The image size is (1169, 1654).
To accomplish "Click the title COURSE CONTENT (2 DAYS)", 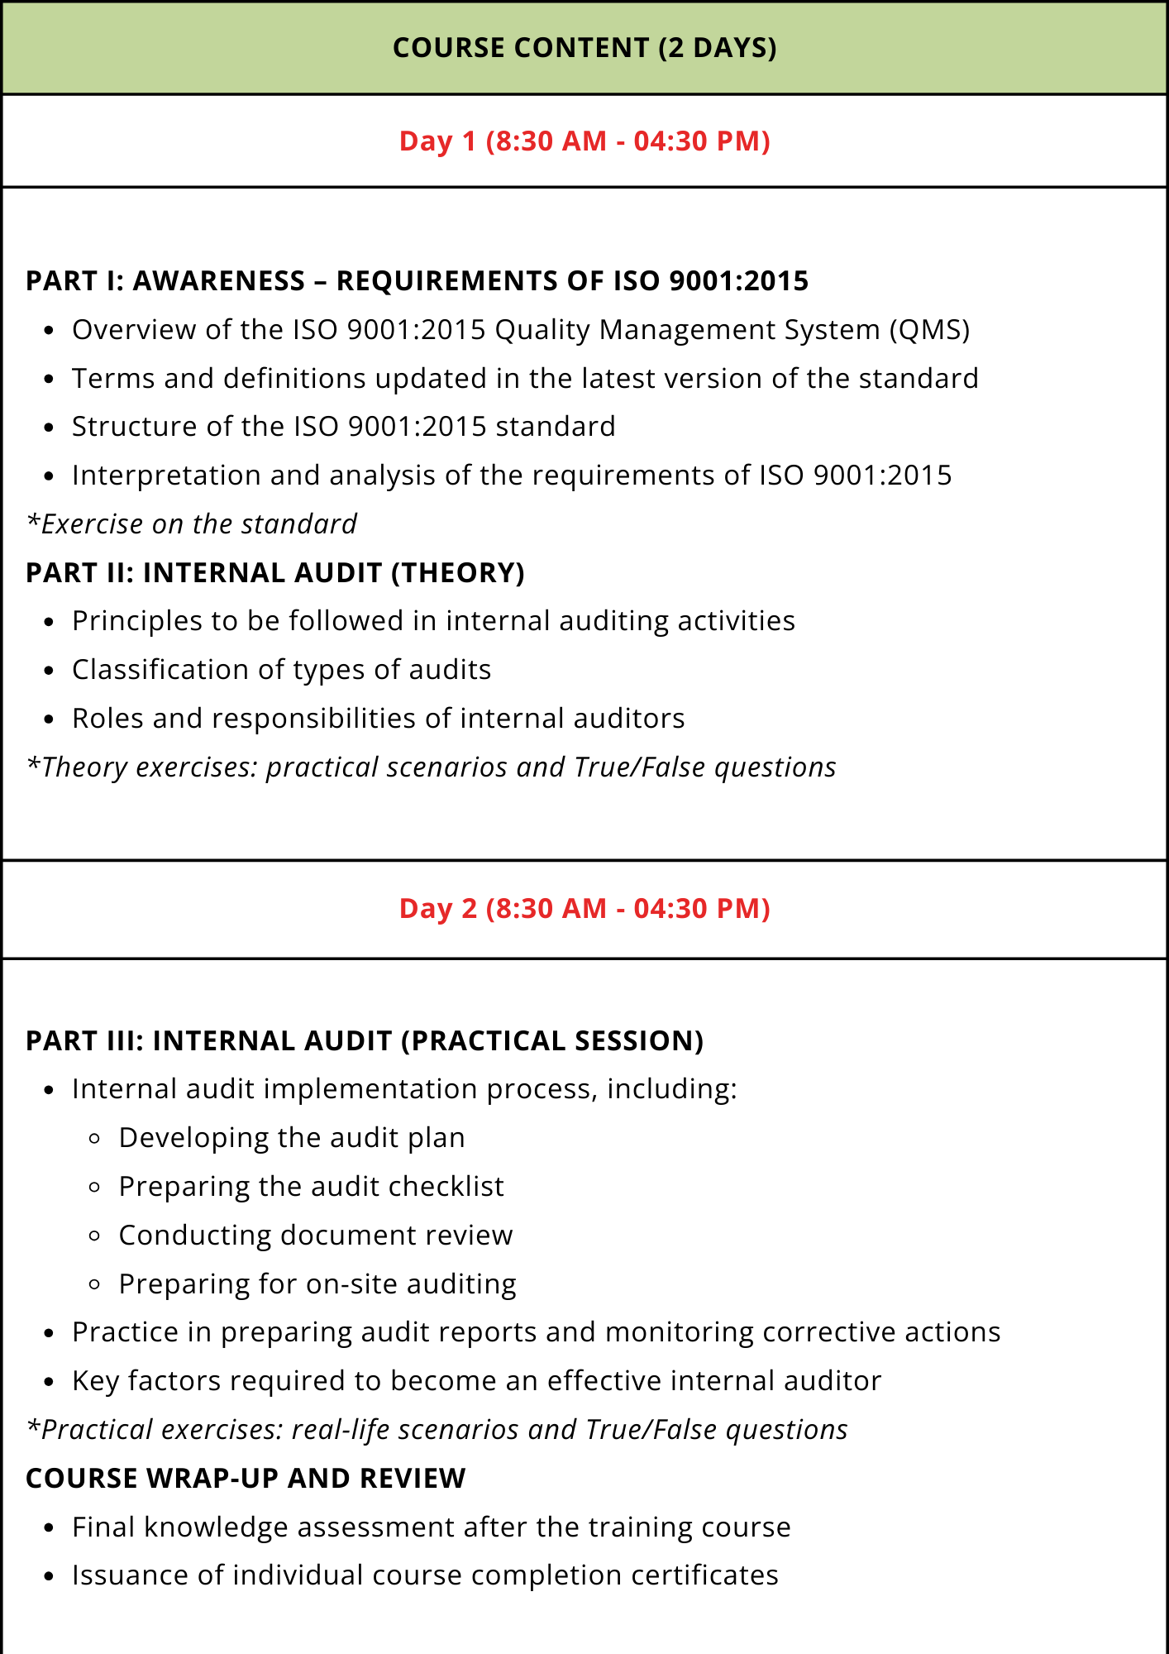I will coord(584,48).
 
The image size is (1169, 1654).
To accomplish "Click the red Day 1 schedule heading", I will coord(584,141).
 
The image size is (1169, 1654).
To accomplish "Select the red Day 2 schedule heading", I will coord(584,909).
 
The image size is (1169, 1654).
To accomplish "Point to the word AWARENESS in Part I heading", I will coord(219,281).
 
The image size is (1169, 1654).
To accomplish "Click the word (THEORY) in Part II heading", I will coord(457,573).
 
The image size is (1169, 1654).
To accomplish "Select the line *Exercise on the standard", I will coord(192,524).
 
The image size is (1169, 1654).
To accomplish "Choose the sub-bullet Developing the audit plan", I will coord(292,1138).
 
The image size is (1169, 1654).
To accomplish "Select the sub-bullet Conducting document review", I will coord(316,1236).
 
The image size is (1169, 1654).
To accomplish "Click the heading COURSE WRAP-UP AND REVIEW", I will coord(246,1479).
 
